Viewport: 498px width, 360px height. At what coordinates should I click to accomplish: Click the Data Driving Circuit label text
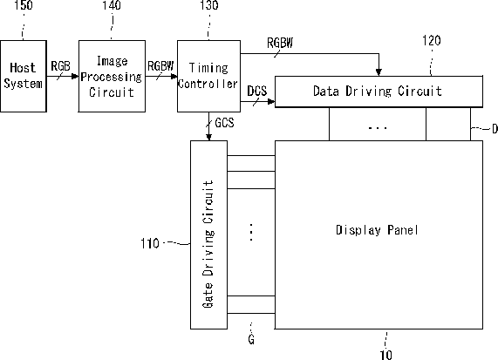(x=378, y=92)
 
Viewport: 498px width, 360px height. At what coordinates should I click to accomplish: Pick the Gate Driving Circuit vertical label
(x=208, y=244)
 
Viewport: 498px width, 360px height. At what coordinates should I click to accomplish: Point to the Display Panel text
(x=377, y=230)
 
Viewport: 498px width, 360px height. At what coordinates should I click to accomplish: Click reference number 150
(x=24, y=5)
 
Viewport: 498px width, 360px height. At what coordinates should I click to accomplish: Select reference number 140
(x=112, y=5)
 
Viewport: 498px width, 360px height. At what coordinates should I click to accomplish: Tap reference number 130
(x=209, y=5)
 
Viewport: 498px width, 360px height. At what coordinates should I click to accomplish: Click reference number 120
(x=432, y=41)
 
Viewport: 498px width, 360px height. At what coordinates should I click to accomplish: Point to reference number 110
(x=150, y=243)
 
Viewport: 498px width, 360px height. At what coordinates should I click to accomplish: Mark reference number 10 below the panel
(x=385, y=355)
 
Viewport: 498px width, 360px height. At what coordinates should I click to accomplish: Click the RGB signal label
(x=60, y=66)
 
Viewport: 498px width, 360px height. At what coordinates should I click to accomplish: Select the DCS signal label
(x=257, y=92)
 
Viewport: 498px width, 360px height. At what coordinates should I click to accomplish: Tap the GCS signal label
(x=224, y=123)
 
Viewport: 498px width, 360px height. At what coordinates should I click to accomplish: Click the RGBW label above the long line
(x=280, y=43)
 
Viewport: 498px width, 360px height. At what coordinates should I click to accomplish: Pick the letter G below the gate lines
(x=251, y=339)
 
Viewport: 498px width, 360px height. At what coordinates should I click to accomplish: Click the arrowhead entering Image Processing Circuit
(x=75, y=76)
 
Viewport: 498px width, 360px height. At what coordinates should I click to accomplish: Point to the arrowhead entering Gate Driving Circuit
(x=208, y=138)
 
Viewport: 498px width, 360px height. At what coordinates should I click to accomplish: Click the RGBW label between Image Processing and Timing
(x=160, y=66)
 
